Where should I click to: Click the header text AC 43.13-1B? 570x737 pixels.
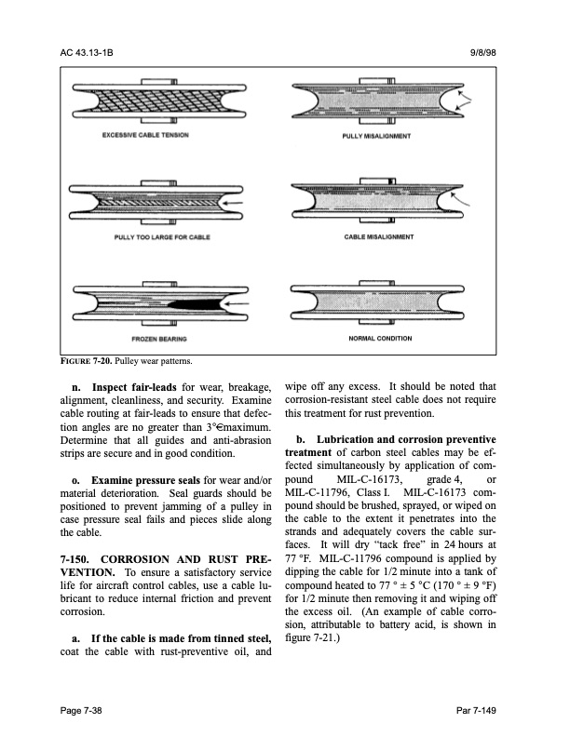pyautogui.click(x=86, y=53)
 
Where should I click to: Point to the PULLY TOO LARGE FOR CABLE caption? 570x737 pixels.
pyautogui.click(x=156, y=236)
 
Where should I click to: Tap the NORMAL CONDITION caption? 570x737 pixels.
pyautogui.click(x=380, y=338)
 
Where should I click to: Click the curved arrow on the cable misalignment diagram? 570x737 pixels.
pyautogui.click(x=463, y=198)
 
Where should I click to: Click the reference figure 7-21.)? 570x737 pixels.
pyautogui.click(x=315, y=639)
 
